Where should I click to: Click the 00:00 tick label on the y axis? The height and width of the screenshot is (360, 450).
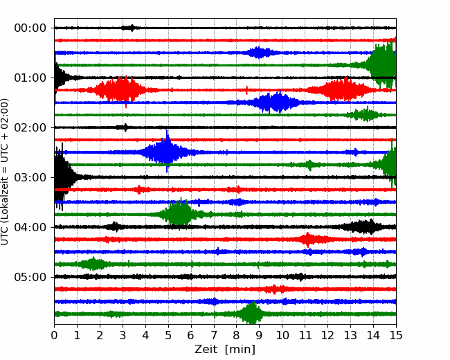coord(30,28)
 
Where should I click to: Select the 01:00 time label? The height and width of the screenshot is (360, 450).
coord(30,78)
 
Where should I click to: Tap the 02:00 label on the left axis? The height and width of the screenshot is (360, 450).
coord(30,127)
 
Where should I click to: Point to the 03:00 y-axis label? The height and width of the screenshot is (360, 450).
coord(30,177)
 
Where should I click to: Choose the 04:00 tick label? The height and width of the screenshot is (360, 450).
coord(30,227)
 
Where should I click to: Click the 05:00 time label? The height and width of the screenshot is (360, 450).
coord(30,277)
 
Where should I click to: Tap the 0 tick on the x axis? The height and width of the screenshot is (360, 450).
coord(54,335)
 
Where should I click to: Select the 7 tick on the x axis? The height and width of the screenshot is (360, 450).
coord(214,335)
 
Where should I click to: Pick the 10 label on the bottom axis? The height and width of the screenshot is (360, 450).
coord(282,335)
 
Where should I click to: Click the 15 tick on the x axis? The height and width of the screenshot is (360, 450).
coord(396,335)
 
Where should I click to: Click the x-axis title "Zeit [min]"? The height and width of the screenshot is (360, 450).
coord(225,350)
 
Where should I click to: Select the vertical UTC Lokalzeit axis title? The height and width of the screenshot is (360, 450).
coord(5,172)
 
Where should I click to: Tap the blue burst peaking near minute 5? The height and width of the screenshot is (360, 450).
coord(167,152)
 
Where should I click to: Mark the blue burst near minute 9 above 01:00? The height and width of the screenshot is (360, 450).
coord(259,53)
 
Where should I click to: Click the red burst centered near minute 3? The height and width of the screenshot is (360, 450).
coord(120,89)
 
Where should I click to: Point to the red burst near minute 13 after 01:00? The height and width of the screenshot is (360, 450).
coord(341,89)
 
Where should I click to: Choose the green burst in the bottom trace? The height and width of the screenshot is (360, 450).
coord(252,313)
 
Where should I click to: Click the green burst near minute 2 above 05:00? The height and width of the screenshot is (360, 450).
coord(93,264)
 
